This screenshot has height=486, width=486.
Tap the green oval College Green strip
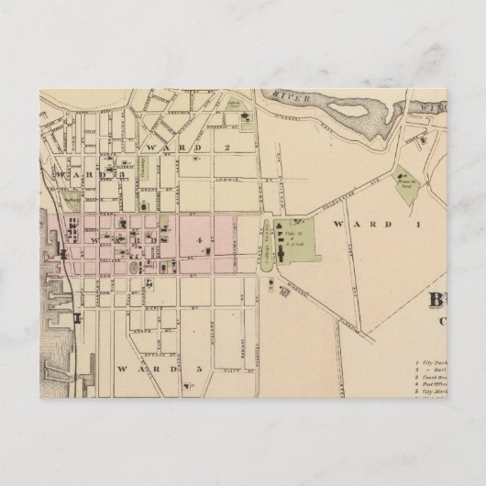[268, 242]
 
